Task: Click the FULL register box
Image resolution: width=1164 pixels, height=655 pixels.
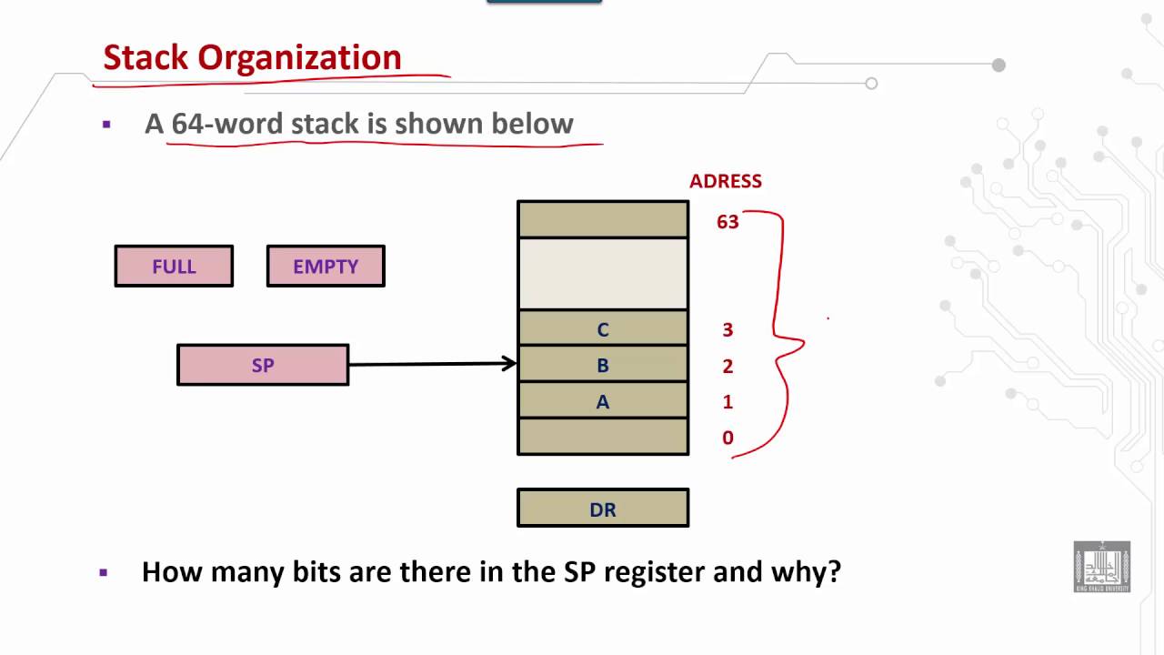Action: (174, 267)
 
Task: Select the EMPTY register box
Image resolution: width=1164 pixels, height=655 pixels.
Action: (326, 267)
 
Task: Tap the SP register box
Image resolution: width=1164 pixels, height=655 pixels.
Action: (263, 365)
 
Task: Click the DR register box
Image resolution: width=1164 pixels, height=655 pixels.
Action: (603, 509)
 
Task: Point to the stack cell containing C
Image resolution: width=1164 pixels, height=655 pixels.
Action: (603, 329)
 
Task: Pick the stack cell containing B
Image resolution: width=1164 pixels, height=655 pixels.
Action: (603, 365)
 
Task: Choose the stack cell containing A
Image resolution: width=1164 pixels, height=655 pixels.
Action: (603, 401)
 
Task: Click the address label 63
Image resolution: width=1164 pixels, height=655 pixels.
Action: (727, 222)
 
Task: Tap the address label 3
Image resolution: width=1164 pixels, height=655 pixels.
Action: (727, 330)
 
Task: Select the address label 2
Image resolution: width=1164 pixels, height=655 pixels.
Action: (727, 367)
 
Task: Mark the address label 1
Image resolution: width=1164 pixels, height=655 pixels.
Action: (727, 402)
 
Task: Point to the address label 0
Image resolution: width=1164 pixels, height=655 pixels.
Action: (727, 438)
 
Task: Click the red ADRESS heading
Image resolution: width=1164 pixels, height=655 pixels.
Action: (725, 181)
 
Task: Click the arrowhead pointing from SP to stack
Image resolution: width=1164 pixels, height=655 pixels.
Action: (510, 364)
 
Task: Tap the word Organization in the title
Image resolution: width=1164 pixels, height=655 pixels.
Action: (299, 57)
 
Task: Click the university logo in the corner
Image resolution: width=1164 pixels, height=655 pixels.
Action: (1101, 567)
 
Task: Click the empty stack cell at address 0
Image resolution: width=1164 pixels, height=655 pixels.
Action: (603, 437)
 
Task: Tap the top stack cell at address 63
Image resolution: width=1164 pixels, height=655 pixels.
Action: (603, 219)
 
